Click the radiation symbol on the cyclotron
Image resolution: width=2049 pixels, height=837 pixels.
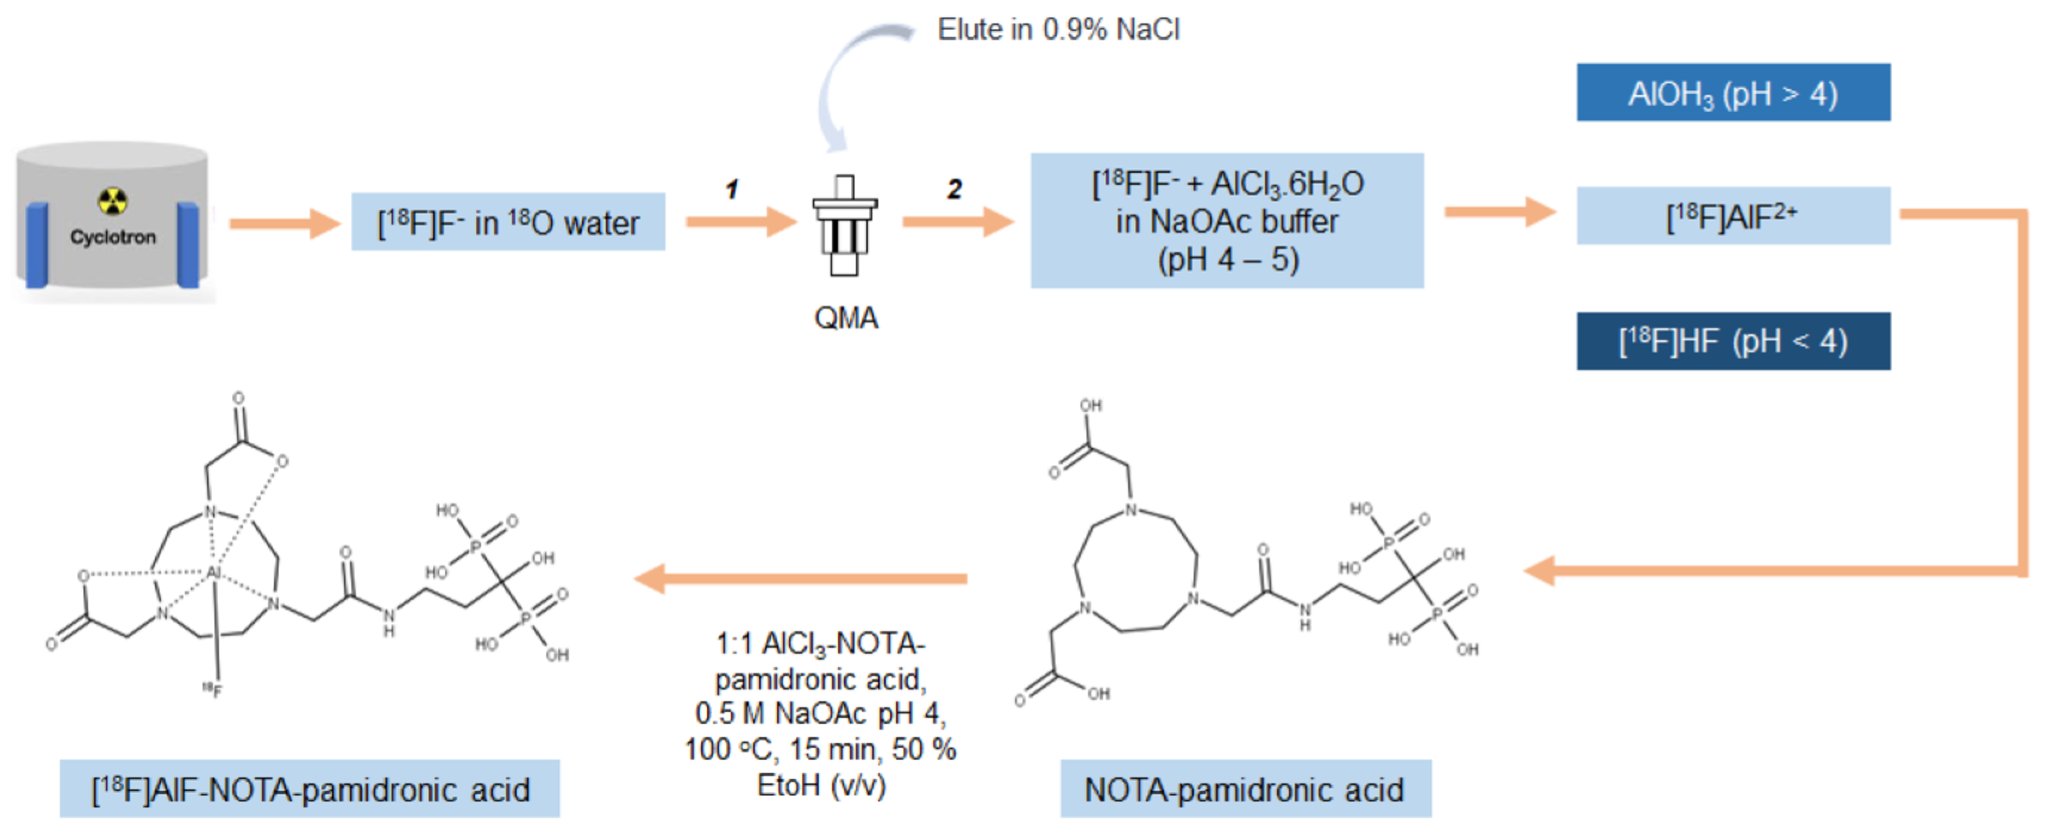coord(112,201)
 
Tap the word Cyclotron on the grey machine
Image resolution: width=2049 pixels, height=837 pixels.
coord(113,237)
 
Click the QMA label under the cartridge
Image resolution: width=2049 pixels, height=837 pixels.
coord(845,318)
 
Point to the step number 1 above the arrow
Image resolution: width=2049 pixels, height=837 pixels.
coord(732,189)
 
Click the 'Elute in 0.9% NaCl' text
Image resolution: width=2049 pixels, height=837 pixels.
coord(1058,30)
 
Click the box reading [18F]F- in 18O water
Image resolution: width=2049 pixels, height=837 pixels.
coord(508,222)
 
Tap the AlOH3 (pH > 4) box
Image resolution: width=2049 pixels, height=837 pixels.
coord(1733,93)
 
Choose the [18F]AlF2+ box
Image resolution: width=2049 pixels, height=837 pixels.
coord(1733,216)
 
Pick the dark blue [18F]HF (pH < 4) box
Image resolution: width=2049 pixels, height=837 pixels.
coord(1733,342)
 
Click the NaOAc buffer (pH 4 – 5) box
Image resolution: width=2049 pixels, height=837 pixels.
coord(1227,221)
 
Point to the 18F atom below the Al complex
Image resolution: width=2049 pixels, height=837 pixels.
coord(212,689)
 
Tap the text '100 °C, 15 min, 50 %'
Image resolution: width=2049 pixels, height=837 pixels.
coord(820,749)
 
